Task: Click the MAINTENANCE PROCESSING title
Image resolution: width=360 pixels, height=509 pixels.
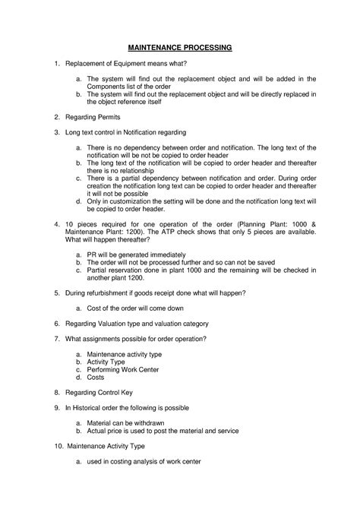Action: [179, 47]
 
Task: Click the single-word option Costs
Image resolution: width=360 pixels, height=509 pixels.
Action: [96, 376]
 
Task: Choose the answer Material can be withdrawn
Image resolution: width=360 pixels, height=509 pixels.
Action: [125, 422]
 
